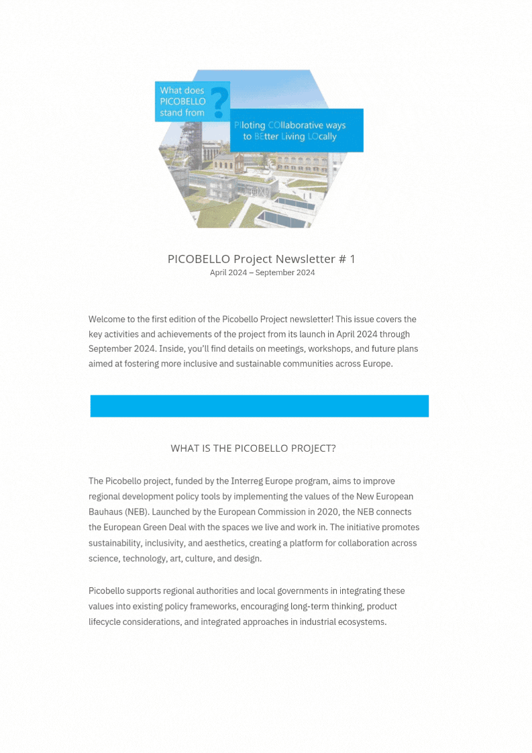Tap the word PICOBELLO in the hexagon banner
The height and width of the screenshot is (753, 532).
coord(182,101)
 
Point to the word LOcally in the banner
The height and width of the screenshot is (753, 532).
coord(322,137)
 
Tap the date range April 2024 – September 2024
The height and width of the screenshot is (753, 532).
coord(262,272)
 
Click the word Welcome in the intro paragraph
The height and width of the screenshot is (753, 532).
coord(107,319)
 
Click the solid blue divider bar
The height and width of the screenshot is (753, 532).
coord(259,406)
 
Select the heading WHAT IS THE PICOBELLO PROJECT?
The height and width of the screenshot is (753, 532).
coord(253,448)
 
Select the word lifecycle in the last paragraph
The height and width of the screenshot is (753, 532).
coord(108,621)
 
